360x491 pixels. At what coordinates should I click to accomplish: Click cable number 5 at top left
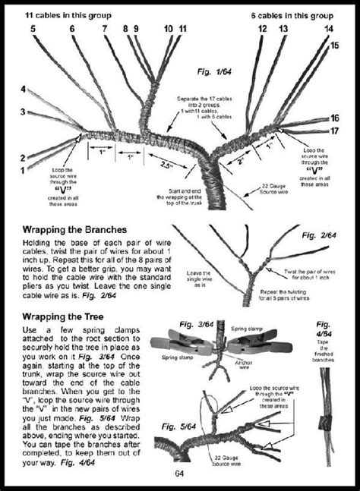33,28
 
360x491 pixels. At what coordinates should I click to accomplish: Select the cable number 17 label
335,131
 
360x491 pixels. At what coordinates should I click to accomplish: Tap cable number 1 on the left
22,170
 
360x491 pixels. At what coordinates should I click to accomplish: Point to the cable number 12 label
262,28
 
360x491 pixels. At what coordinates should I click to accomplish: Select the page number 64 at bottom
179,474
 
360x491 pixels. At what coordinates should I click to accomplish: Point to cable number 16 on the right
335,118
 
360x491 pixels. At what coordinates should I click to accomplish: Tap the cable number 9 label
137,28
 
